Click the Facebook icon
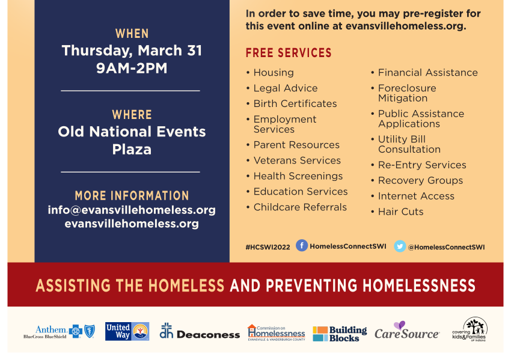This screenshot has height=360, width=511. pos(302,245)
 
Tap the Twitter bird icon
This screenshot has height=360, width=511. pos(400,246)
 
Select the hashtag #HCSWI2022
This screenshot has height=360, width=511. pos(268,247)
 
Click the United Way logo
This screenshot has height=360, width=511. pos(127,331)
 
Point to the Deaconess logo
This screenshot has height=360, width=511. pos(200,331)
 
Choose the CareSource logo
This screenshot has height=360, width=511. pos(406,331)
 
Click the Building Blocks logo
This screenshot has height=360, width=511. pos(340,334)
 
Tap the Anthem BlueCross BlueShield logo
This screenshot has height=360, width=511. pos(60,332)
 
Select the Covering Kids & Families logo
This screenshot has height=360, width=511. pos(470,329)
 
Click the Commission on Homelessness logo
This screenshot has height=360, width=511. pos(277,332)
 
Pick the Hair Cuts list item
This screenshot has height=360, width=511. pos(400,212)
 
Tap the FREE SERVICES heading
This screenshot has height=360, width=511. pos(289,53)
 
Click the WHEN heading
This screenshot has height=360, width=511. pos(132,34)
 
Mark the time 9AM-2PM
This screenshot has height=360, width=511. pos(132,68)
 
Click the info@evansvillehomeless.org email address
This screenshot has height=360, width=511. pos(132,210)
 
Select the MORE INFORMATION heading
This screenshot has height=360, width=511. pos(132,195)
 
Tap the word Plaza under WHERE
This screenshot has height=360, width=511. pos(132,150)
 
